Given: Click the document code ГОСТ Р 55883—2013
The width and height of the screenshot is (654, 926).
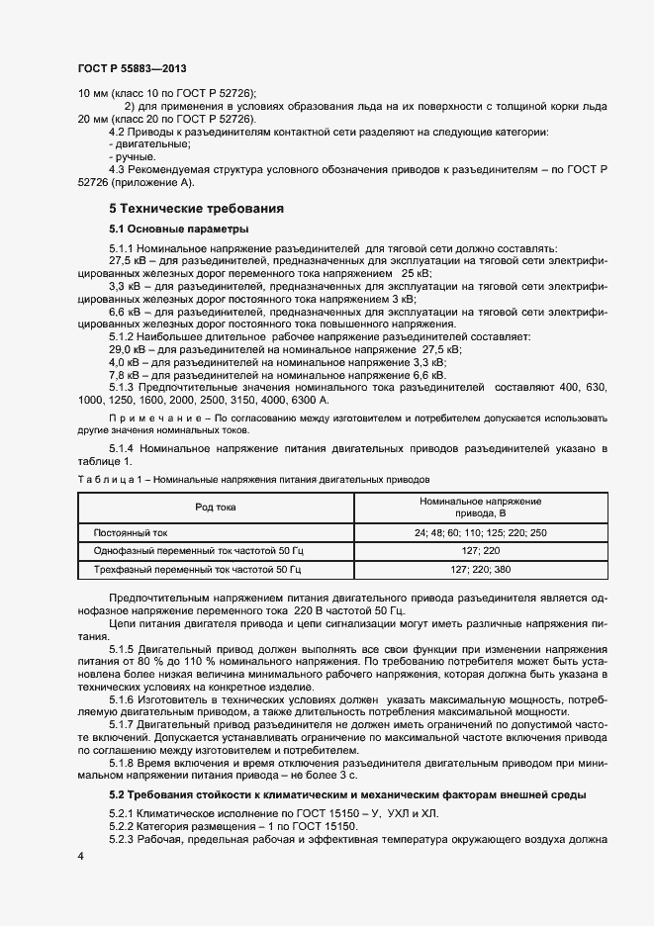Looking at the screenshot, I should (132, 68).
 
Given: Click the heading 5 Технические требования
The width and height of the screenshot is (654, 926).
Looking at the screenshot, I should (197, 210).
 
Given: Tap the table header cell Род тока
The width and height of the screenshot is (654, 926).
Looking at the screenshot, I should (216, 508).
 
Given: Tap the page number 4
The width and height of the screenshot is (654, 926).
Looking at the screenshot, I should (80, 853).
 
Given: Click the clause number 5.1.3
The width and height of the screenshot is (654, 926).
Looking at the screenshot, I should (122, 388).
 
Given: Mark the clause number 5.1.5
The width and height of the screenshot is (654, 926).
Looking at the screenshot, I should (122, 649).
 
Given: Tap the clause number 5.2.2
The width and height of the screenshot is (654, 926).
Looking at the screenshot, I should (122, 826).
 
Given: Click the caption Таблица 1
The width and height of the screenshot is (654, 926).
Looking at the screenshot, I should (104, 478).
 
